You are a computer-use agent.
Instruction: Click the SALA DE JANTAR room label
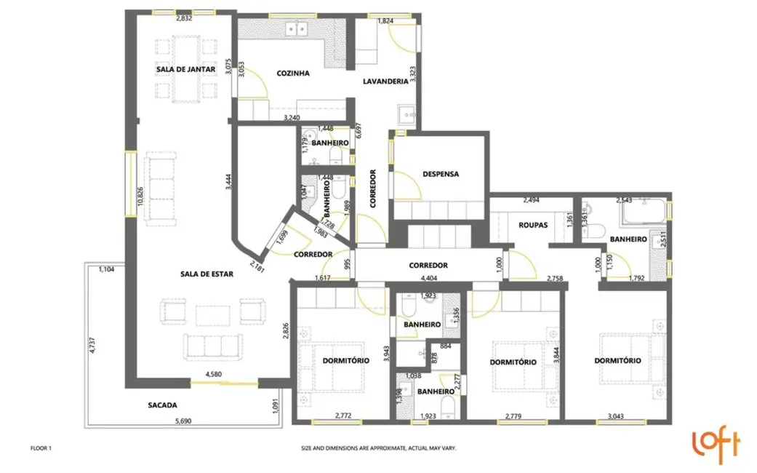(x=185, y=69)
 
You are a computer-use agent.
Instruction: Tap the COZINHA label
(x=293, y=73)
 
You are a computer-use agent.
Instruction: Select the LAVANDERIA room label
(x=385, y=82)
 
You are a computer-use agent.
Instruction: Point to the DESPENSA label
(x=441, y=174)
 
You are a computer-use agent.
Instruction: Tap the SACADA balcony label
(x=162, y=405)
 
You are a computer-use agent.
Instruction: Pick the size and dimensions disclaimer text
(x=378, y=448)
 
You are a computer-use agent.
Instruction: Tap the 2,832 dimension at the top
(x=184, y=19)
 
